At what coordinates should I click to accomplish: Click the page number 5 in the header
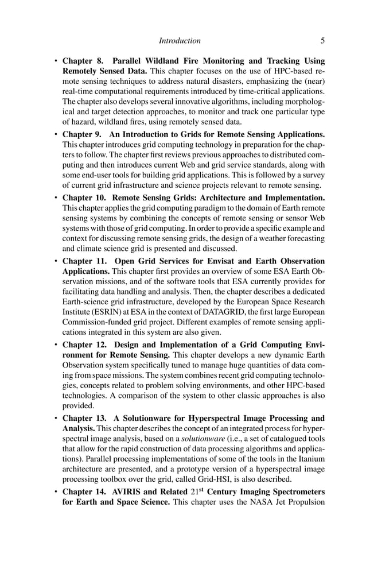click(322, 41)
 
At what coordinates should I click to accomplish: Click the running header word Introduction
click(180, 41)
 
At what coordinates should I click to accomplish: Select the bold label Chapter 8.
click(83, 61)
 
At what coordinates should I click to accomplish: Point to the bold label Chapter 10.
click(85, 198)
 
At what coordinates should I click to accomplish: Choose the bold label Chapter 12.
click(85, 345)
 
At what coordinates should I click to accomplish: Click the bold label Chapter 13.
click(85, 417)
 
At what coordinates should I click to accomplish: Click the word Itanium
click(310, 459)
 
